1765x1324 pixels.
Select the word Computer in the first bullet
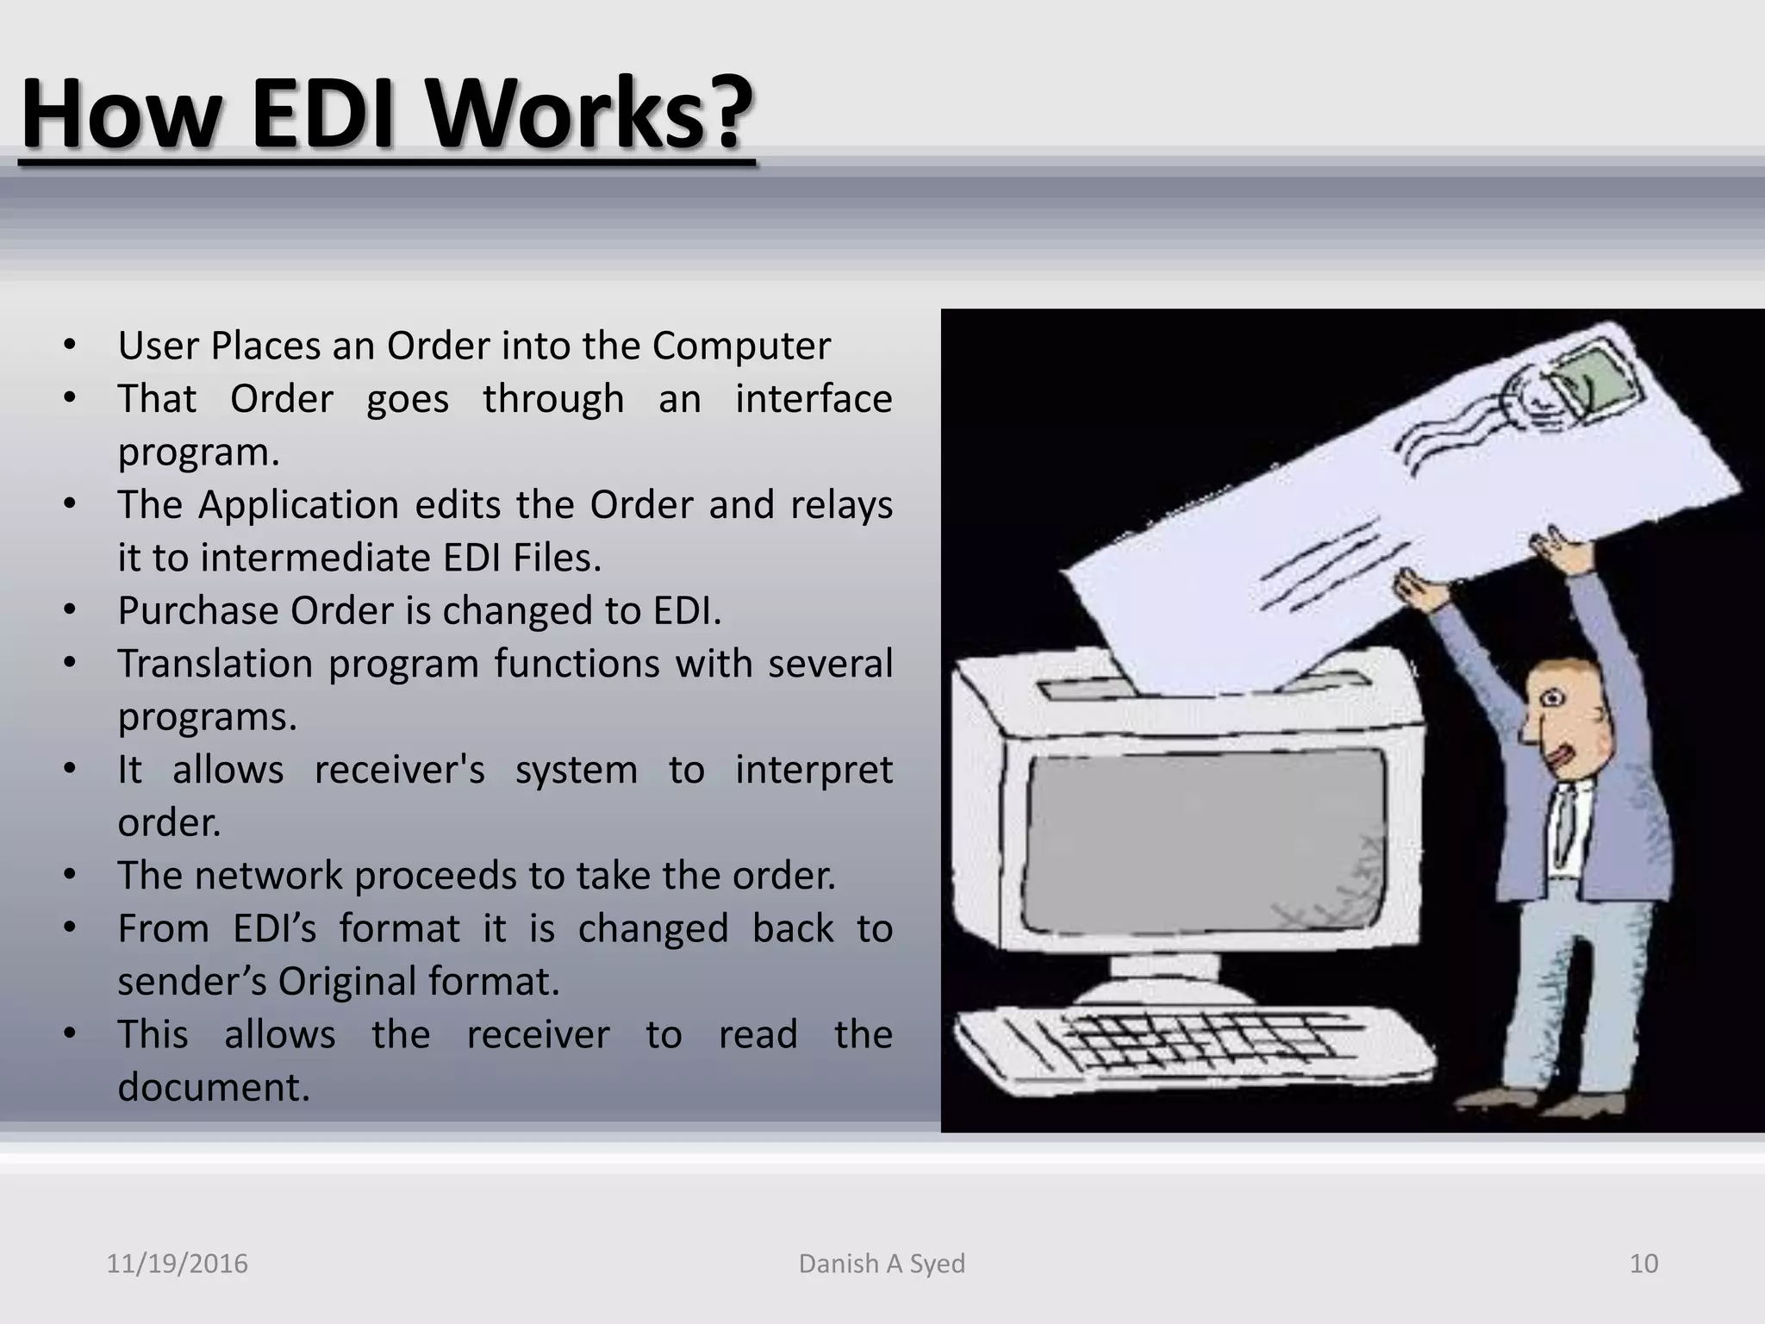(741, 346)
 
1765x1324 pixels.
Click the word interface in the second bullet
(813, 399)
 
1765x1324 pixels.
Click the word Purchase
(198, 611)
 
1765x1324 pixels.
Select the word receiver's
(399, 770)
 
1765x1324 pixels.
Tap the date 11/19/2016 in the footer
(177, 1264)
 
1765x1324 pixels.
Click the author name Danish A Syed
(882, 1264)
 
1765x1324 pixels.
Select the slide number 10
(1643, 1264)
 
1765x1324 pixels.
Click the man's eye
(1551, 698)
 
